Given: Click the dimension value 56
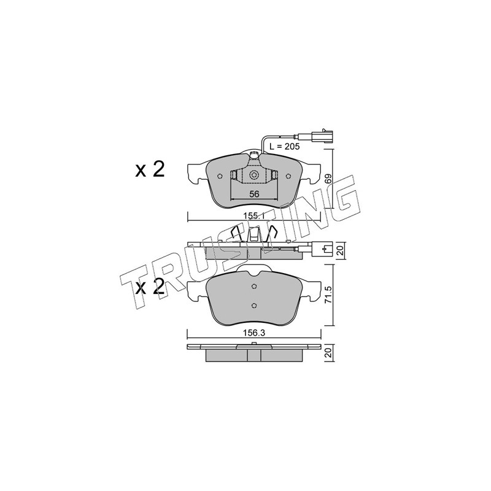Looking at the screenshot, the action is tap(254, 194).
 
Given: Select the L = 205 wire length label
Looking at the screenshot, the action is tap(284, 146).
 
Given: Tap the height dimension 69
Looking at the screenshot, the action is tap(328, 179).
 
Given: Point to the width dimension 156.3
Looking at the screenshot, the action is tap(254, 333).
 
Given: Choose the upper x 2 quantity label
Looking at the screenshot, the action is tap(150, 170).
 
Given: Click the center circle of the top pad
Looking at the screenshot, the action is tap(254, 175).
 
